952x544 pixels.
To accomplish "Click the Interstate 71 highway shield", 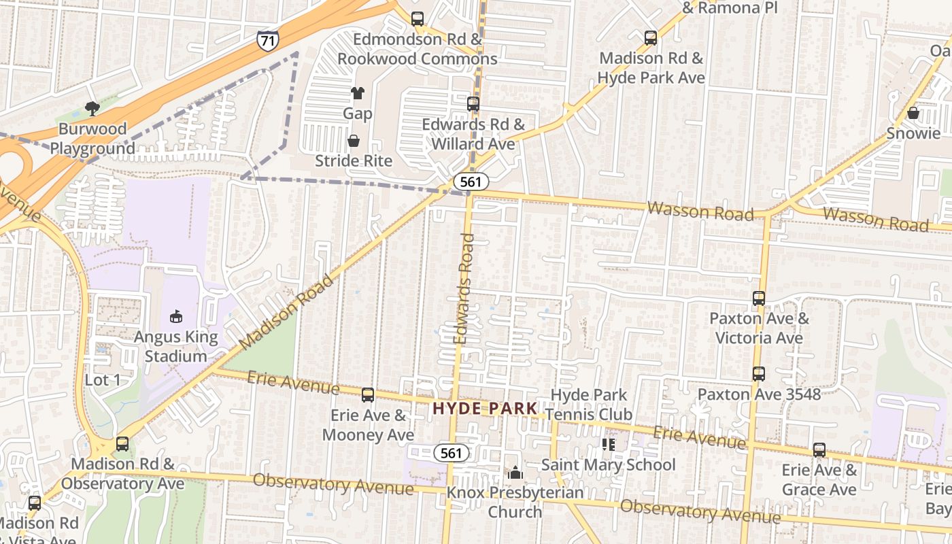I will (267, 40).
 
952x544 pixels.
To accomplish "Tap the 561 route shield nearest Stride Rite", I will (471, 182).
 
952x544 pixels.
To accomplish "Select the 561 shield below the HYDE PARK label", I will (451, 453).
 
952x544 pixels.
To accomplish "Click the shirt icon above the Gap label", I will (358, 93).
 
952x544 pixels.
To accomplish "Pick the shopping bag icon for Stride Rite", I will (354, 141).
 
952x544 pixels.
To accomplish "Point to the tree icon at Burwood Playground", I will (92, 109).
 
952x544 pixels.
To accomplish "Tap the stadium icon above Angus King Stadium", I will (176, 316).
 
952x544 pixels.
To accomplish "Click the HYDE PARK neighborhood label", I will (486, 409).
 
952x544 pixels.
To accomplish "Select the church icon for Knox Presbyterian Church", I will (515, 472).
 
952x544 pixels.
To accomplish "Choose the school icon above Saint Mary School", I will (609, 444).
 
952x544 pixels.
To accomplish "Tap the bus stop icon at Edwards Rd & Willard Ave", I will (473, 104).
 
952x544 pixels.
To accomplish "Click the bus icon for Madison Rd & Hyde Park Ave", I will (651, 38).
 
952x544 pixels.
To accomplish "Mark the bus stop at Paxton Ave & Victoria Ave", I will (759, 298).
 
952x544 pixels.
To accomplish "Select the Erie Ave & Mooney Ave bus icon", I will (368, 394).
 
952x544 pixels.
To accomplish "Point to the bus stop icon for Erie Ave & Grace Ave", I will (819, 449).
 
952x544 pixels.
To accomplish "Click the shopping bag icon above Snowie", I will (913, 113).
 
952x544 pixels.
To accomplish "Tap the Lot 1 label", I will (103, 380).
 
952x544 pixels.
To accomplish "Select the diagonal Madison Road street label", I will (287, 312).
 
